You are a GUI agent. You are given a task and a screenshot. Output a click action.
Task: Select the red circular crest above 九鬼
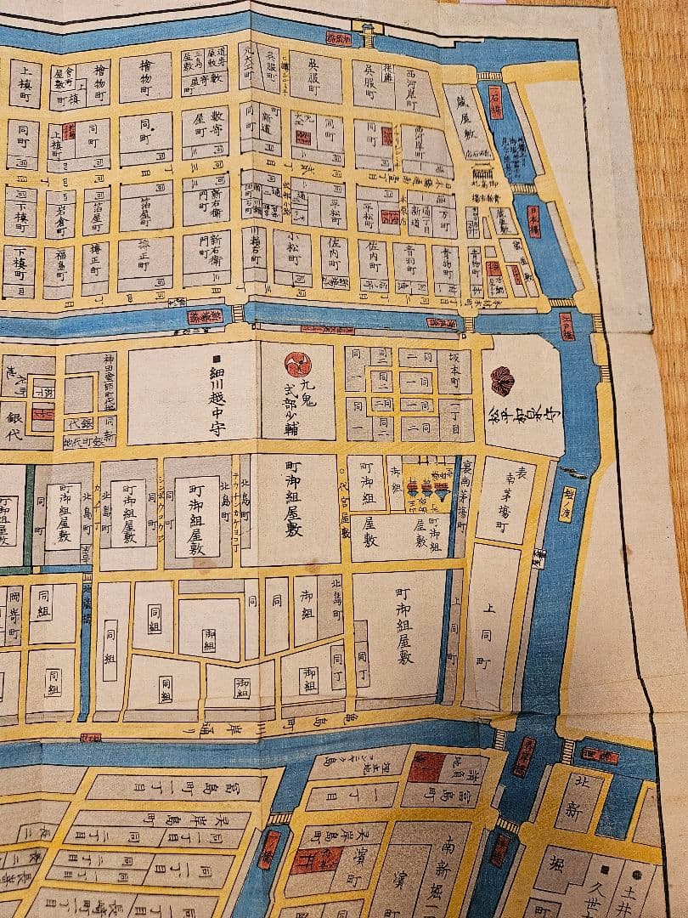pyautogui.click(x=298, y=365)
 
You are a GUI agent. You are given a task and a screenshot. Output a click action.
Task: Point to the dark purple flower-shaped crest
pyautogui.click(x=502, y=380)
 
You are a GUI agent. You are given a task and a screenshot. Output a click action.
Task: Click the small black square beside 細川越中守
pyautogui.click(x=217, y=359)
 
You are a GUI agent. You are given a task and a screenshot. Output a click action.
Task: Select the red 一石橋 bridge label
pyautogui.click(x=496, y=111)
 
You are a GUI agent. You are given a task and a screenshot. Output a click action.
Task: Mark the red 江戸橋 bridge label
pyautogui.click(x=568, y=328)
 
